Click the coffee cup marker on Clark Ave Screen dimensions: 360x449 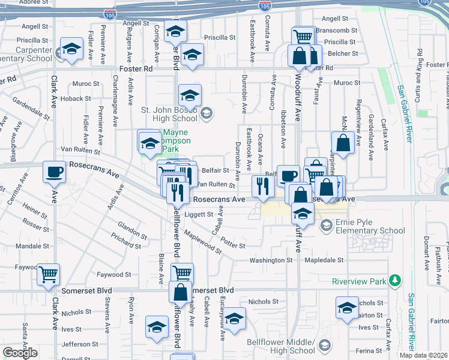[x=54, y=172]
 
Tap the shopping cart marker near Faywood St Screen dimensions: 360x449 [x=49, y=274]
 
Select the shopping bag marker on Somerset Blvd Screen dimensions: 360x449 [x=181, y=293]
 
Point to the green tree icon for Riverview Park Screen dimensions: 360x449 [x=395, y=280]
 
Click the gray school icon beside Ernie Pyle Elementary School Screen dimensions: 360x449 [x=327, y=226]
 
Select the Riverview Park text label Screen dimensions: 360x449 [x=359, y=281]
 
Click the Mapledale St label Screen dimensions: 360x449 [x=324, y=260]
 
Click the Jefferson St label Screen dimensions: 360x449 [x=75, y=344]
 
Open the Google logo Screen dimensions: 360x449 [x=20, y=352]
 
